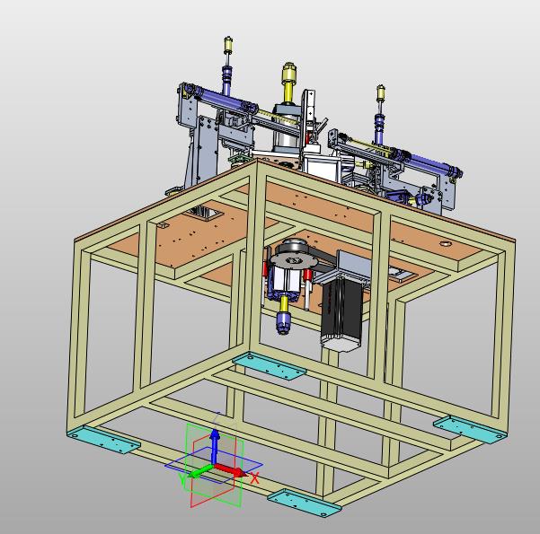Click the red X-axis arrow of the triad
(x=232, y=470)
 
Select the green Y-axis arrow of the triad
(x=201, y=471)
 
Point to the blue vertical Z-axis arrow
(x=215, y=447)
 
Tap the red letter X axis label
(x=254, y=478)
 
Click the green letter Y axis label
(x=182, y=478)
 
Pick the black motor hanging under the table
(x=341, y=310)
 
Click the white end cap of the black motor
(x=340, y=344)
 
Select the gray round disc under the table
(x=293, y=260)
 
